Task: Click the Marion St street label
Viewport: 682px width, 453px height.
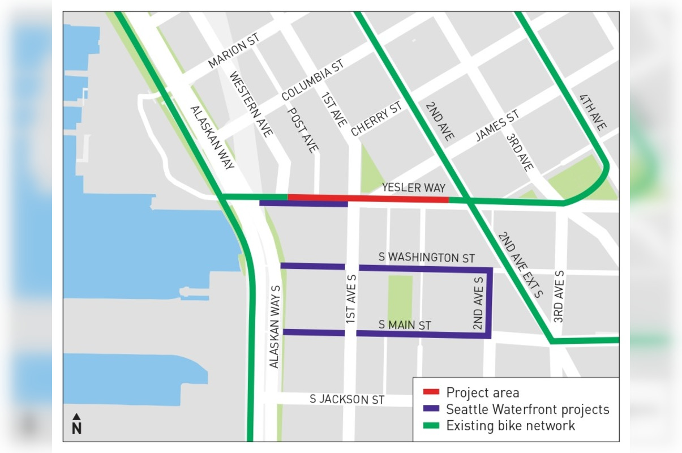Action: tap(233, 53)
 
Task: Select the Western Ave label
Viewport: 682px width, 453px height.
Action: tap(251, 104)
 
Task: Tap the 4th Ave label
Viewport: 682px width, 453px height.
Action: tap(593, 113)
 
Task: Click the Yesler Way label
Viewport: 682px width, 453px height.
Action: tap(413, 187)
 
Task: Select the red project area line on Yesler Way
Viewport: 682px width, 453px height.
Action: tap(368, 198)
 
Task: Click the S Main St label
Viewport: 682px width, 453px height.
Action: tap(405, 325)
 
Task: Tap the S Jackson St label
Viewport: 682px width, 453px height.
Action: tap(347, 399)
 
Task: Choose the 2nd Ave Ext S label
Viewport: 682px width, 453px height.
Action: tap(519, 264)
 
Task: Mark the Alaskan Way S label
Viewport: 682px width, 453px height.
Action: tap(275, 327)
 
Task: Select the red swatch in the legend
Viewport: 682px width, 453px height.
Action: tap(431, 392)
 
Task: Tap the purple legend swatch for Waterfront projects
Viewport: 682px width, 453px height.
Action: tap(431, 409)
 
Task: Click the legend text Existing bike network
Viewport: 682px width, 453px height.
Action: tap(511, 425)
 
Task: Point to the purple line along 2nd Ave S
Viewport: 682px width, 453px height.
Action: tap(490, 303)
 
